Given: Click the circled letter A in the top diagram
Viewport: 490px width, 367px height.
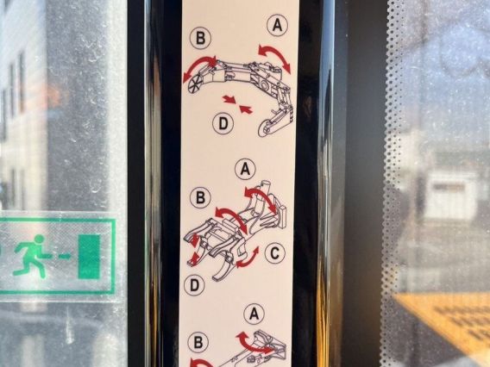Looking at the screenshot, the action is [277, 25].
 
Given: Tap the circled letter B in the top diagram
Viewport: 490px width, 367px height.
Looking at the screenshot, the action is [200, 38].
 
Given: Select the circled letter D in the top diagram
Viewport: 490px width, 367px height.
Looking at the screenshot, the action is [223, 123].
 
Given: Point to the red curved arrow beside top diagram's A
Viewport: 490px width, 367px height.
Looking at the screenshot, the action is [275, 54].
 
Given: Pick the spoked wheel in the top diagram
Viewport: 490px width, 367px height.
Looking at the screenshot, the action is [195, 84].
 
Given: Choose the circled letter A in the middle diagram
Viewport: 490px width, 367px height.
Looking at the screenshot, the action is [245, 169].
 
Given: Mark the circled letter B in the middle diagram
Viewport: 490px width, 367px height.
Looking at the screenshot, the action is [200, 197].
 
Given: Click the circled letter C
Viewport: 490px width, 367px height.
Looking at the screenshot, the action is [275, 252].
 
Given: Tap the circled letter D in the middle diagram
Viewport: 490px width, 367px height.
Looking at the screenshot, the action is [194, 285].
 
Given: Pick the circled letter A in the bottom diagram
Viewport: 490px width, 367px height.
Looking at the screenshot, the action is [254, 314].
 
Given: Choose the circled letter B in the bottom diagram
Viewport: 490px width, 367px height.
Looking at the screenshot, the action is [198, 342].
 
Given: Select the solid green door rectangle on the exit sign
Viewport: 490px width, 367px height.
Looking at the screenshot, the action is [89, 256].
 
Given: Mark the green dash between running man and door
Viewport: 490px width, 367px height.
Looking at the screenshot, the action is [65, 257].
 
